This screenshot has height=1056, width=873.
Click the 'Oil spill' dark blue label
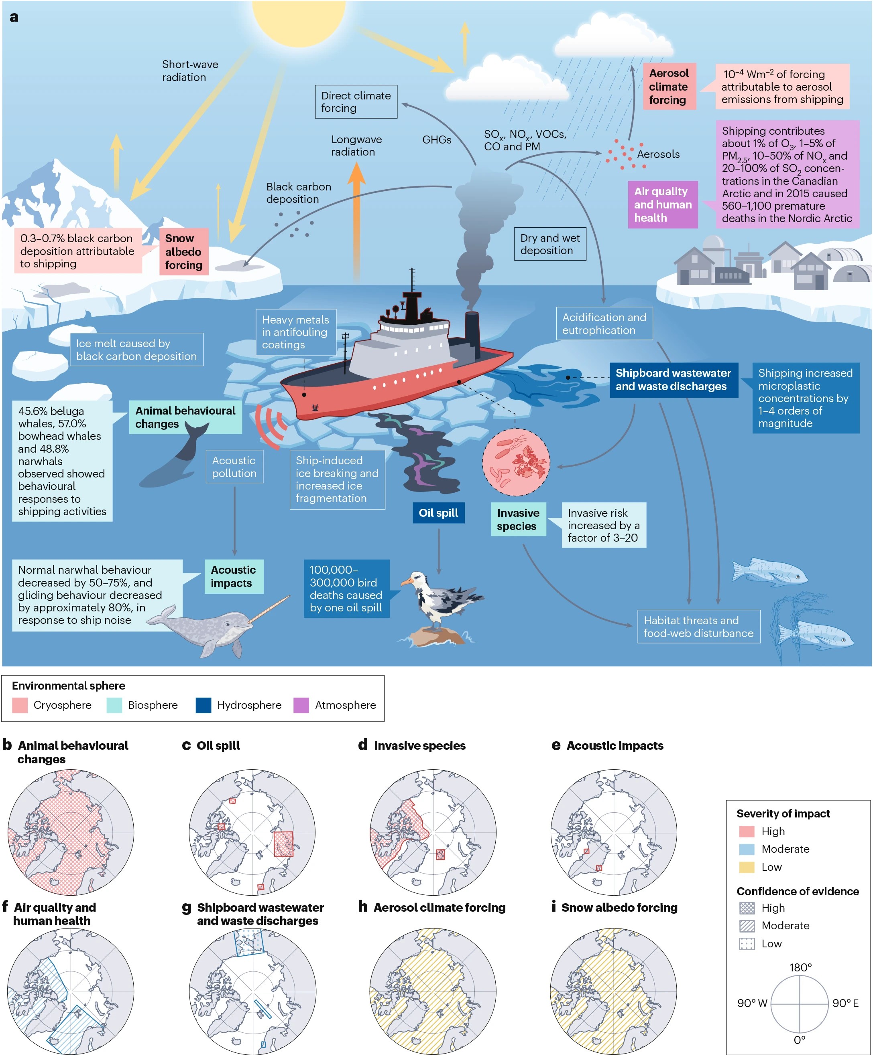pos(439,513)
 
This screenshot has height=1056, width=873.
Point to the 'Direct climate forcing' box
pos(356,102)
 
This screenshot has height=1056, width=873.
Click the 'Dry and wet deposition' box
pos(550,244)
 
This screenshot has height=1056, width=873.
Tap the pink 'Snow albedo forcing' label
pos(183,252)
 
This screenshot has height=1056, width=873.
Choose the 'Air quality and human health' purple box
pos(663,204)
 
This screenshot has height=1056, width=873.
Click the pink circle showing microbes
pos(516,462)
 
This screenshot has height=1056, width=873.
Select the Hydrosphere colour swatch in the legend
pos(203,705)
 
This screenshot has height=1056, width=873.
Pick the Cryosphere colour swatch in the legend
pos(20,705)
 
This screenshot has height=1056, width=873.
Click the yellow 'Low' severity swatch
pos(747,867)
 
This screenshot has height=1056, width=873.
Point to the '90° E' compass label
pos(845,1003)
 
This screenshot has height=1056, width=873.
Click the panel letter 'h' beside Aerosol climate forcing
pos(362,907)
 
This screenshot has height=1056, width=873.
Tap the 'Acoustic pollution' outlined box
pos(234,467)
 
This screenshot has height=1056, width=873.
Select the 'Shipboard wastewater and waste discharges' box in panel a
pos(674,380)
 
